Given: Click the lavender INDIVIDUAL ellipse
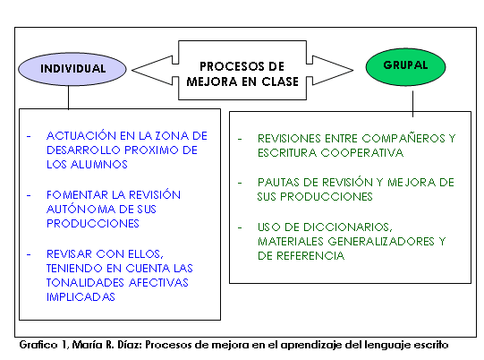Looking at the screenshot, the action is [x=72, y=69].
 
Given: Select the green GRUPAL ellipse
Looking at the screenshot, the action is [x=405, y=67].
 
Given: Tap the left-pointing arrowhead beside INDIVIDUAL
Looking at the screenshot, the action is [x=152, y=70].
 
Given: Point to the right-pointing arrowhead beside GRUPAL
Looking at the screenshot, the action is [x=333, y=70].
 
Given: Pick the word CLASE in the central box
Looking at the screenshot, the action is [x=280, y=81].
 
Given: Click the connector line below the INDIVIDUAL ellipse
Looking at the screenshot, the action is [x=68, y=98].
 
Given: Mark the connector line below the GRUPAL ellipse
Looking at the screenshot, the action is [x=412, y=104].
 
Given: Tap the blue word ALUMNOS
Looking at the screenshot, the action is [x=99, y=165].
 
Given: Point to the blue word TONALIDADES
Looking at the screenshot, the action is [x=85, y=282].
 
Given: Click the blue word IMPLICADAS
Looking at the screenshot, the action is [x=81, y=297].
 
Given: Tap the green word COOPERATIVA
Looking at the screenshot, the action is [x=361, y=152].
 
